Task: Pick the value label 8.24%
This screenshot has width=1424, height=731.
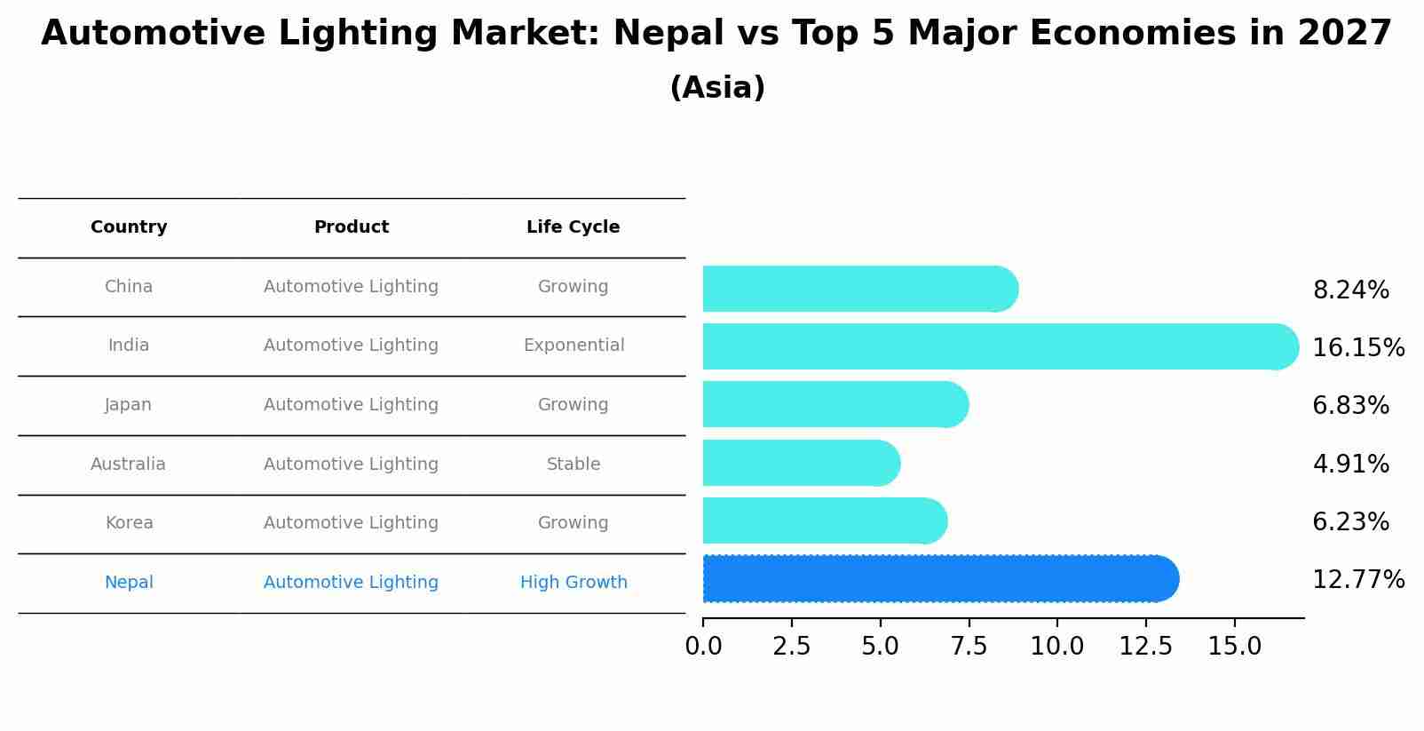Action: [1350, 290]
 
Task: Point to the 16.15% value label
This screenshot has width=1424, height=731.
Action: [1357, 348]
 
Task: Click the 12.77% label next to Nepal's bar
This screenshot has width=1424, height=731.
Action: [1357, 580]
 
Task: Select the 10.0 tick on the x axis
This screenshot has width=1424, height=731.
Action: [1056, 647]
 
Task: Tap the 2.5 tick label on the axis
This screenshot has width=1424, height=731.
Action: [791, 647]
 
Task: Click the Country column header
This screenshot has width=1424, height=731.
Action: [129, 227]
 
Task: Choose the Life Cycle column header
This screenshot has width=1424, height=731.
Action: [573, 227]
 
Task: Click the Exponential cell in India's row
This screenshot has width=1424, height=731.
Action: [574, 346]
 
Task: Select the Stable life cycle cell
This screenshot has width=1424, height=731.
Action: [574, 465]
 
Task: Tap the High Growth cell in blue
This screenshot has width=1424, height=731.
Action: [574, 583]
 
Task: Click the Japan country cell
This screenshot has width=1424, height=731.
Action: [129, 405]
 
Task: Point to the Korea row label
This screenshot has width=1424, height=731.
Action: [129, 523]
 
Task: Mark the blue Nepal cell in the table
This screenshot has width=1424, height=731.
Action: [129, 583]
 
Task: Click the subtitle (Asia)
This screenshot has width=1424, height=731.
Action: [717, 88]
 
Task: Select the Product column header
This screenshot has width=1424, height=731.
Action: [352, 227]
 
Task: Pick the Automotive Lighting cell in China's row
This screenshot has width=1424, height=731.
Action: [352, 287]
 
